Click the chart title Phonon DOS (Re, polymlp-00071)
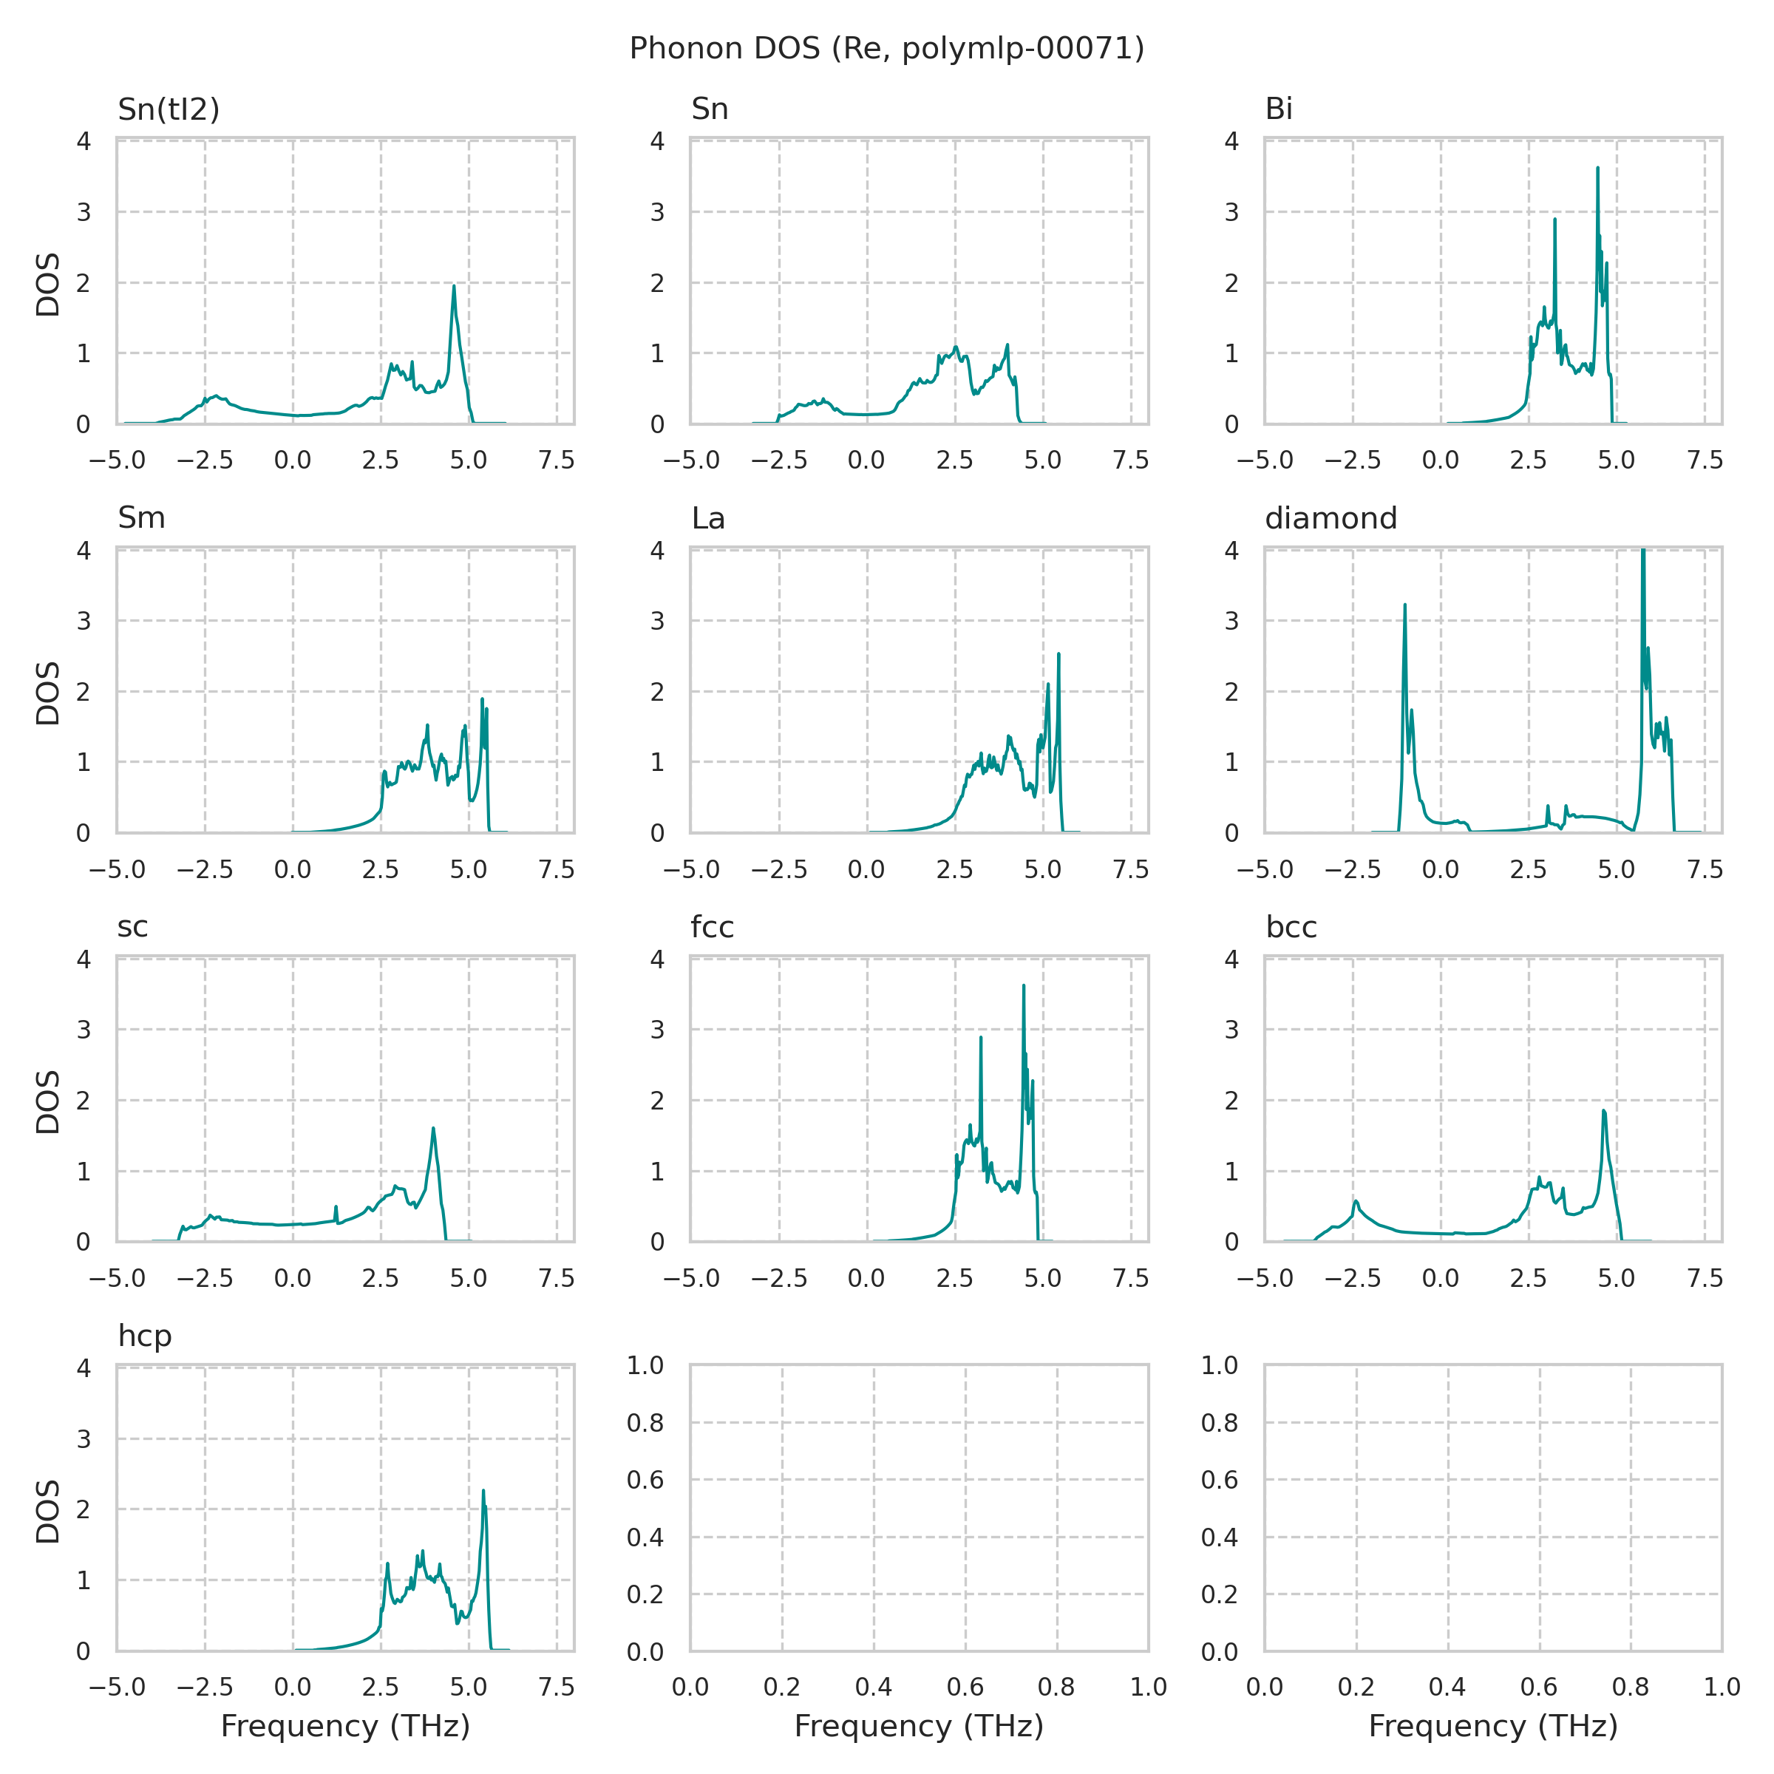click(886, 49)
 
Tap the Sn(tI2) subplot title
click(169, 109)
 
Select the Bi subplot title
click(1278, 109)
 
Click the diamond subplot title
click(1330, 519)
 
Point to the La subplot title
click(708, 519)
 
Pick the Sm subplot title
click(141, 519)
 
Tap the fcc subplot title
click(712, 928)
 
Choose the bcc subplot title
click(1291, 928)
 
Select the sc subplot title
click(132, 928)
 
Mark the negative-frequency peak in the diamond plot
click(1405, 605)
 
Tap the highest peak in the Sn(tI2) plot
click(454, 287)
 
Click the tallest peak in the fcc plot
click(1023, 986)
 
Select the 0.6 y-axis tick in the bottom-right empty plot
click(1220, 1480)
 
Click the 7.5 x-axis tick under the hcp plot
click(557, 1687)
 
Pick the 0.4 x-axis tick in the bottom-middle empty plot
click(873, 1687)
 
